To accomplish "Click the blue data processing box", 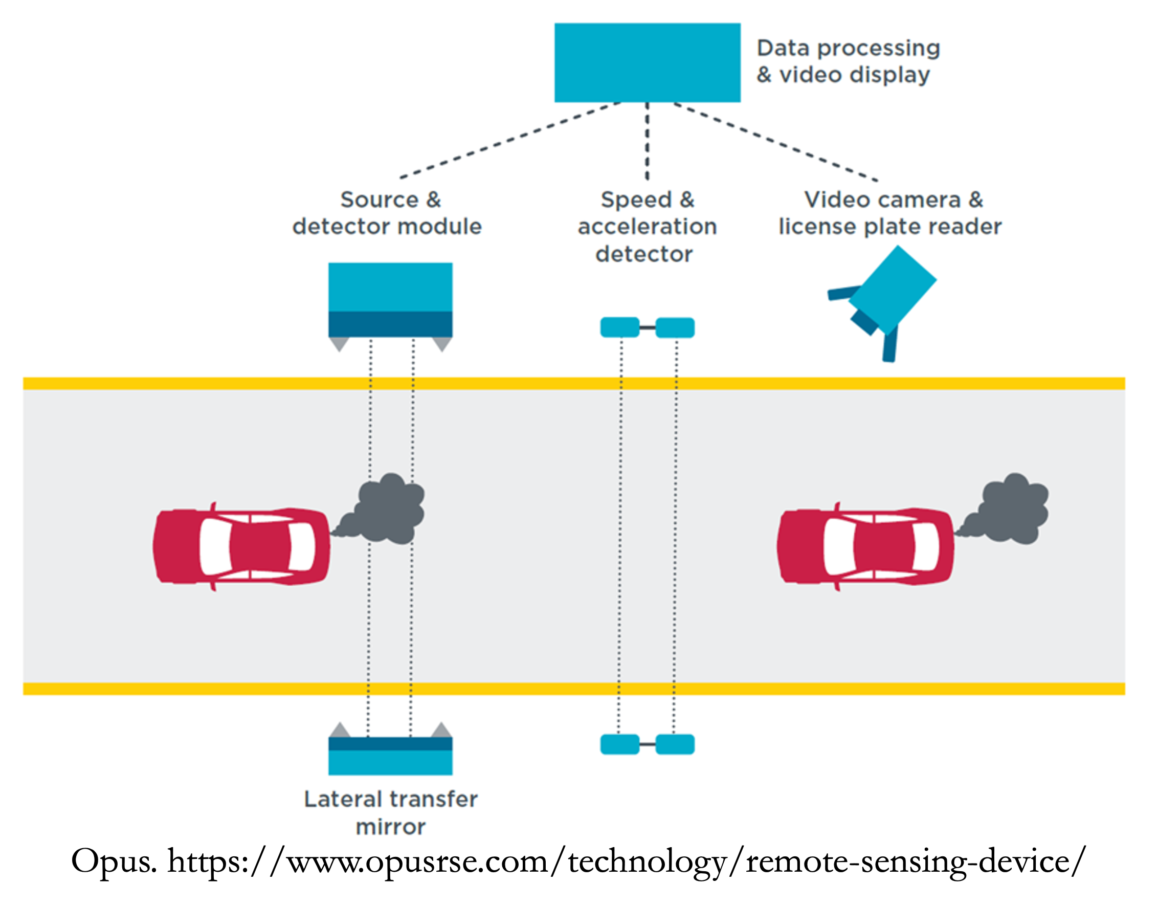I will coord(647,62).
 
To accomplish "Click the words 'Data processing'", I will coord(848,48).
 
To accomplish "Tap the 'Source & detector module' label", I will coord(388,213).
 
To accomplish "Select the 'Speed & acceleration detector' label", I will coord(647,227).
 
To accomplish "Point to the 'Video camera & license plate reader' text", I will coord(890,213).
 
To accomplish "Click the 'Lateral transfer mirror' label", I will coord(390,812).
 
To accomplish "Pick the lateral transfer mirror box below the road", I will coord(390,755).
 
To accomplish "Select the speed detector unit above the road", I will coord(647,327).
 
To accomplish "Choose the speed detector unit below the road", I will coord(647,744).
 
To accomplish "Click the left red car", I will coord(241,546).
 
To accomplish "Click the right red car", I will coord(865,546).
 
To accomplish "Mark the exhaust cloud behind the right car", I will coord(1009,510).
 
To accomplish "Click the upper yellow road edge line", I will coord(573,383).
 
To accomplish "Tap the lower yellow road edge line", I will coord(573,689).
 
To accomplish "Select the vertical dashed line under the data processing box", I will coord(647,141).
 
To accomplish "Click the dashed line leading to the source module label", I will coord(510,140).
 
